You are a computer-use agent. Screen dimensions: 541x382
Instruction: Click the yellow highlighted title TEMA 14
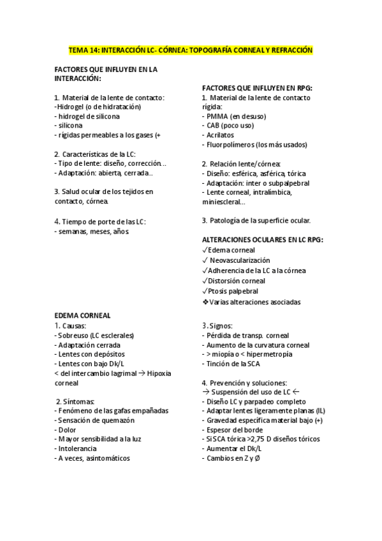[191, 50]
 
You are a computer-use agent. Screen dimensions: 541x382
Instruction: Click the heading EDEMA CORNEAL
[82, 315]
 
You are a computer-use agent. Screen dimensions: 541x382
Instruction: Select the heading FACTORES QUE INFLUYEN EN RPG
[256, 88]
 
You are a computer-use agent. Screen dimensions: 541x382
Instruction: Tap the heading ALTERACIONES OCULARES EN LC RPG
[262, 239]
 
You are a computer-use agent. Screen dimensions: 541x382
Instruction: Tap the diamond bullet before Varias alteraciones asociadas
[205, 302]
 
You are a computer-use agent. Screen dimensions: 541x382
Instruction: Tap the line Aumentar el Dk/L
[235, 448]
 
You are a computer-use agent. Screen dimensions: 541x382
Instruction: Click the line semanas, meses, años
[92, 232]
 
